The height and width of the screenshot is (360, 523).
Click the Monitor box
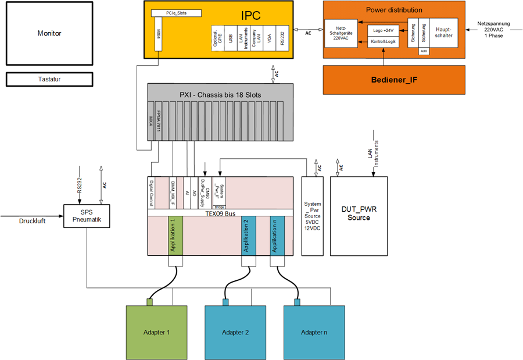[49, 34]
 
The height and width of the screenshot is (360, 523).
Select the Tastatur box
[49, 79]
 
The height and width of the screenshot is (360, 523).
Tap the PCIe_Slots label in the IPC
[176, 13]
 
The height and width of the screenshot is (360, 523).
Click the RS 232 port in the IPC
[282, 38]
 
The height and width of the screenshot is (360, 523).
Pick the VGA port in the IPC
[269, 38]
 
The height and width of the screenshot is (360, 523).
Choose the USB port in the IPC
[231, 38]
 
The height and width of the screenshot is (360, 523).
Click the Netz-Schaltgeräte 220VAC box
[340, 34]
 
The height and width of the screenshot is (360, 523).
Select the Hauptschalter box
[443, 33]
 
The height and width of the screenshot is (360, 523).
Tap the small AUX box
[424, 51]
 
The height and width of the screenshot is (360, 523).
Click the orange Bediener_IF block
[394, 80]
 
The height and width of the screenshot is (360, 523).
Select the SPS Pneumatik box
[87, 216]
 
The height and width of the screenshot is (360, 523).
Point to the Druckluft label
[33, 221]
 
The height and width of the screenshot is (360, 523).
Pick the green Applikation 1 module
[176, 235]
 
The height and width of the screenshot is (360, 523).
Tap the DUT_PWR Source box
[359, 213]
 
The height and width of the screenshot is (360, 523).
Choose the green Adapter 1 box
[156, 332]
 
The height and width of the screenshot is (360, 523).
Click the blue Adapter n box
[314, 332]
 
